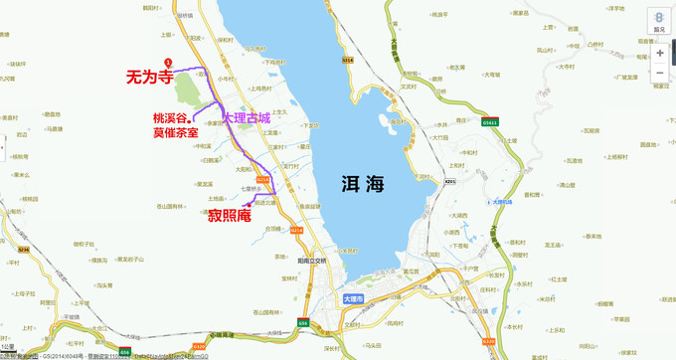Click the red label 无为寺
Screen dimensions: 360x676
pyautogui.click(x=149, y=75)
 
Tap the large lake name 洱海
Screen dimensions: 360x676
pyautogui.click(x=359, y=184)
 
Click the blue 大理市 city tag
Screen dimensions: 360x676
pyautogui.click(x=353, y=298)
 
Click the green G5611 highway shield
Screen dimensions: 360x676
pyautogui.click(x=489, y=122)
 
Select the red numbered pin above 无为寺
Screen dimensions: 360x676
pyautogui.click(x=168, y=62)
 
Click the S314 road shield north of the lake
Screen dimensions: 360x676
pyautogui.click(x=348, y=61)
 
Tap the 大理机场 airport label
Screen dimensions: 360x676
pyautogui.click(x=508, y=202)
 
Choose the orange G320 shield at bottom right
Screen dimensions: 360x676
pyautogui.click(x=488, y=341)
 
